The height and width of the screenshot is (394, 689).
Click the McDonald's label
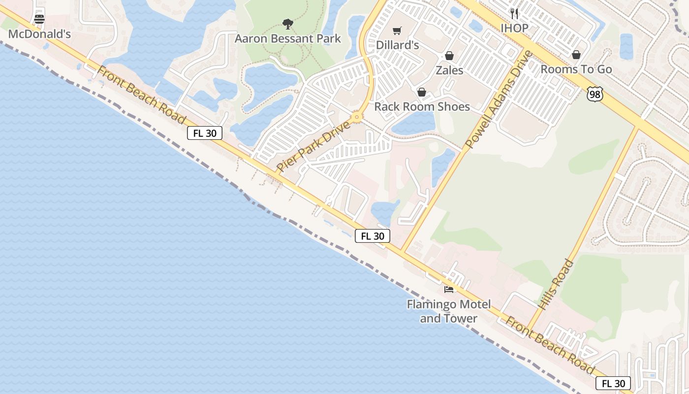point(39,34)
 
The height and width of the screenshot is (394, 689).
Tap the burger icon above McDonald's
point(39,19)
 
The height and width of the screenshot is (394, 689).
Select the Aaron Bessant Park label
point(287,38)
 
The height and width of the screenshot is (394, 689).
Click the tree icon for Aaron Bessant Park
point(288,23)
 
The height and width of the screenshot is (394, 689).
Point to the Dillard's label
point(397,45)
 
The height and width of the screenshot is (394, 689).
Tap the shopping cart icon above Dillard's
point(397,31)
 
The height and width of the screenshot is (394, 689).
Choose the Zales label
point(449,70)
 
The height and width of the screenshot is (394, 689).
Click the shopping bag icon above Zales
point(449,56)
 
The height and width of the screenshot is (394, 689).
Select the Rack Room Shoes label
point(422,106)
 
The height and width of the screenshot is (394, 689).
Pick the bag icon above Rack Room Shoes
point(421,92)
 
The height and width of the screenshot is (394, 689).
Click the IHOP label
point(514,28)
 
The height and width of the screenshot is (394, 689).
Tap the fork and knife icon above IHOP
point(514,13)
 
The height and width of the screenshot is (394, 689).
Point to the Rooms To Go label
point(576,69)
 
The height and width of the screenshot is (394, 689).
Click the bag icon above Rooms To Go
point(576,55)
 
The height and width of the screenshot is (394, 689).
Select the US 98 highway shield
point(595,94)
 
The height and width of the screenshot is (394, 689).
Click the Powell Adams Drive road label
point(499,100)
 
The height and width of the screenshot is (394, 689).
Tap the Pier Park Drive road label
point(313,146)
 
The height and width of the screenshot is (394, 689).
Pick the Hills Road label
point(556,285)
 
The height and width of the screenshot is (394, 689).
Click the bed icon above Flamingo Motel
point(448,289)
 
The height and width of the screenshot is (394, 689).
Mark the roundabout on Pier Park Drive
point(357,118)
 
